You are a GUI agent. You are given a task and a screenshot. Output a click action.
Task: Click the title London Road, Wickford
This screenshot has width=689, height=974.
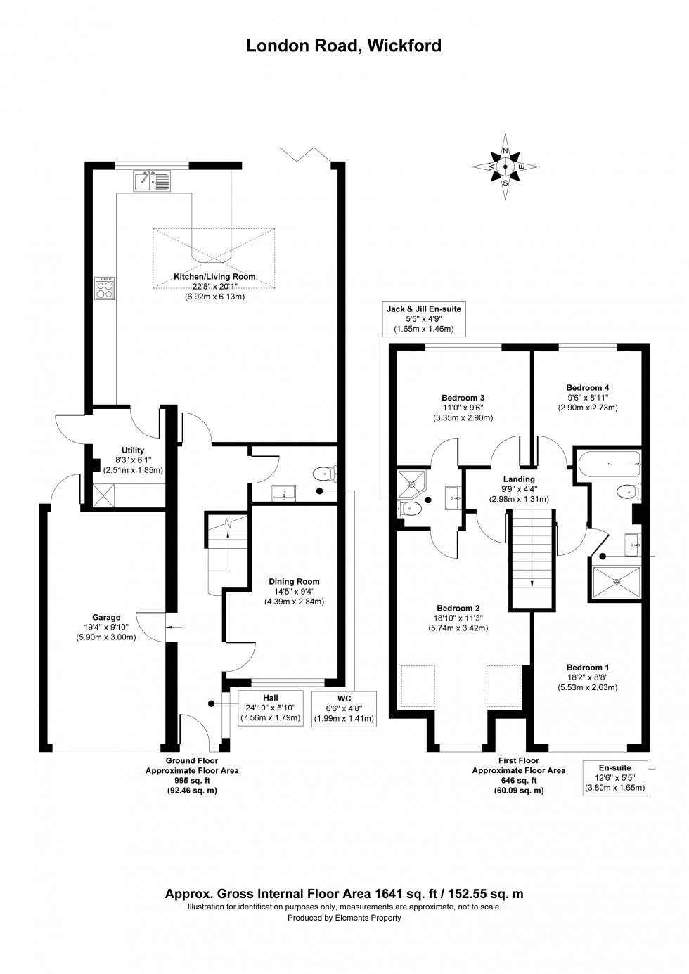[344, 46]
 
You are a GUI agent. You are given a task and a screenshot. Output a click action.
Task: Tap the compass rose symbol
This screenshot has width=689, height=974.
[505, 167]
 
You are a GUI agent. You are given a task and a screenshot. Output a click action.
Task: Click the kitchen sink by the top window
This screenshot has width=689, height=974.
[151, 181]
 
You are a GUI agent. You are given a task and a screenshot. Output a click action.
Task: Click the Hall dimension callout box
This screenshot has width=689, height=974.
[271, 708]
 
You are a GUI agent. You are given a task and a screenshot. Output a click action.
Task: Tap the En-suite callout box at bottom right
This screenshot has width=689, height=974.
[615, 778]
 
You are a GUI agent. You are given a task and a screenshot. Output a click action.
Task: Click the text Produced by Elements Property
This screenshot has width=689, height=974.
[344, 918]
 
